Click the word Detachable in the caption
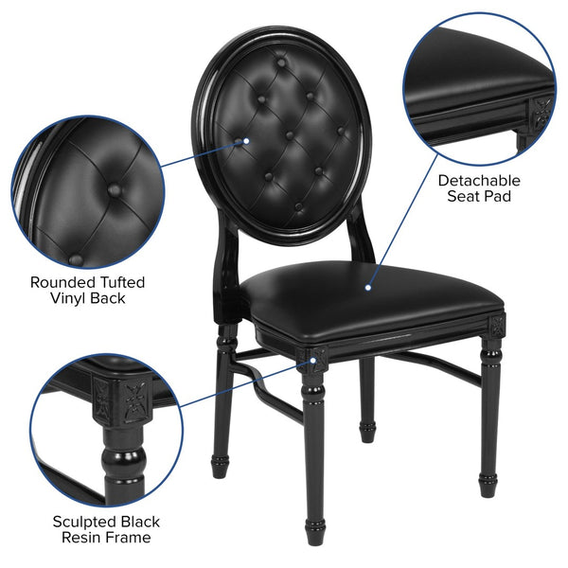(478, 179)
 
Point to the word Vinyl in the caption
(69, 298)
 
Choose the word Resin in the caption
(86, 539)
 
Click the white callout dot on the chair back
(247, 141)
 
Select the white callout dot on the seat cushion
(366, 283)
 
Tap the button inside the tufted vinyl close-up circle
(114, 189)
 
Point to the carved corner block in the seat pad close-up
(543, 111)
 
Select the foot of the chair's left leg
(220, 466)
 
